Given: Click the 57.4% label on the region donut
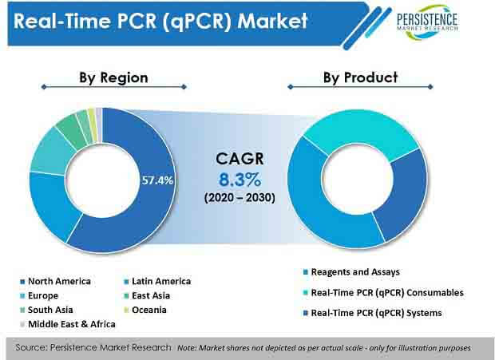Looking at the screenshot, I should pyautogui.click(x=156, y=180).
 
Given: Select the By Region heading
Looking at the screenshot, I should pyautogui.click(x=113, y=77).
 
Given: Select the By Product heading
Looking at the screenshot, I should pyautogui.click(x=360, y=77).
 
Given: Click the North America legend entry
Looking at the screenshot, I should pyautogui.click(x=58, y=281).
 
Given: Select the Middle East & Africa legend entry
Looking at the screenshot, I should pyautogui.click(x=71, y=324).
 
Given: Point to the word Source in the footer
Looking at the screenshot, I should pyautogui.click(x=37, y=347).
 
